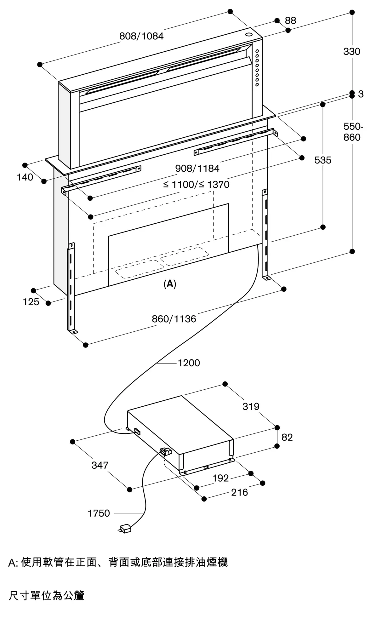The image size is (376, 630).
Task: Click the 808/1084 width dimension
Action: click(x=141, y=36)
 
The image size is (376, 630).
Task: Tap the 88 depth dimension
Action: click(x=290, y=20)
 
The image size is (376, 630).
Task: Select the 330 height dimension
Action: click(x=352, y=51)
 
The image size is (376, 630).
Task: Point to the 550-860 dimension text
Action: click(x=353, y=132)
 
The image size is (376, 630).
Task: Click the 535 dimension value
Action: click(x=323, y=160)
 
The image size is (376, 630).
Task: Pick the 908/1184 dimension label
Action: click(x=197, y=169)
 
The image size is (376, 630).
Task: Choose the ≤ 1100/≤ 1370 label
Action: click(x=196, y=184)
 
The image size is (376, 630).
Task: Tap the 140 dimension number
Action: click(x=25, y=177)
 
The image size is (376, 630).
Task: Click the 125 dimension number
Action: click(x=31, y=302)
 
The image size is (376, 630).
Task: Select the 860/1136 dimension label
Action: click(x=174, y=319)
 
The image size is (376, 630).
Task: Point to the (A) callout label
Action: click(x=170, y=284)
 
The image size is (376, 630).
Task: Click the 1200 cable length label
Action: click(x=189, y=363)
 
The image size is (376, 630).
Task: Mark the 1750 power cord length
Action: click(x=99, y=513)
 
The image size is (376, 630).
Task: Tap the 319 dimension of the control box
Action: click(x=251, y=406)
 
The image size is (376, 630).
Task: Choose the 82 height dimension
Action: click(x=287, y=437)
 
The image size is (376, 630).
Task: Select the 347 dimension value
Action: click(x=100, y=465)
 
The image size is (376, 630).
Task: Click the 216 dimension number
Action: click(x=239, y=492)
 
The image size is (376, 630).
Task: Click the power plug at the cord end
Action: click(x=125, y=528)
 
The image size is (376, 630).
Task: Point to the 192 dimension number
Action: click(x=220, y=478)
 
